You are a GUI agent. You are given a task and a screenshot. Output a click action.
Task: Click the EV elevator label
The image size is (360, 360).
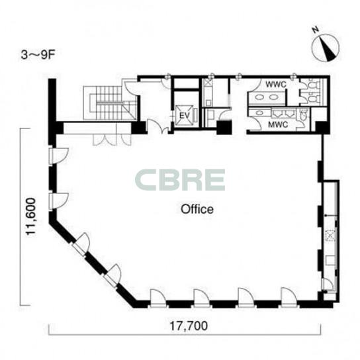click(184, 116)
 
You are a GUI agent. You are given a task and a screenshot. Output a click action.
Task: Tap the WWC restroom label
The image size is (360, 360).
click(276, 85)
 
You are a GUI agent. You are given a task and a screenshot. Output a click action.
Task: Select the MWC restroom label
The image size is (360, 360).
click(278, 125)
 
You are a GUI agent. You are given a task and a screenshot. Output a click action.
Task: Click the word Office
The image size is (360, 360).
click(197, 209)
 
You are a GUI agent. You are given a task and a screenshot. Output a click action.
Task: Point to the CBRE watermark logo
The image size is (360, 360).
click(180, 180)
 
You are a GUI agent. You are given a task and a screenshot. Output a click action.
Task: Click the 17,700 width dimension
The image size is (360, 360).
click(189, 326)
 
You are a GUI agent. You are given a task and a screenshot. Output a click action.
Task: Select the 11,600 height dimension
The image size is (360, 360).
click(31, 216)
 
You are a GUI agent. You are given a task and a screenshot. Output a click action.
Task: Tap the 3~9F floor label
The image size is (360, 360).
click(38, 55)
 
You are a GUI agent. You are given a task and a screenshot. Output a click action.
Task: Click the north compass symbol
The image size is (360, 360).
click(326, 48)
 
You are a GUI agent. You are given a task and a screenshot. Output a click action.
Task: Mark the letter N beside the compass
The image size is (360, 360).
click(316, 29)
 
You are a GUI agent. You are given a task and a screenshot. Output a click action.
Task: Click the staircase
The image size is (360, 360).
click(110, 103)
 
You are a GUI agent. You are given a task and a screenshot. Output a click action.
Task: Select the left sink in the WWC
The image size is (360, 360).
click(260, 97)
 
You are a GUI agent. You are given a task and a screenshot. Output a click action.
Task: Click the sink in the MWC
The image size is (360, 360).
click(259, 112)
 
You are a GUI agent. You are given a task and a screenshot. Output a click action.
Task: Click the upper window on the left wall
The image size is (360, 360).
click(59, 156)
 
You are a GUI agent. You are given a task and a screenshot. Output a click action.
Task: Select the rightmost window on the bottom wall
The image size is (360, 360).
click(289, 297)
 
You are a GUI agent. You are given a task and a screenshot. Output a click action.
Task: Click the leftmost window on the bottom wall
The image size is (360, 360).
click(157, 298)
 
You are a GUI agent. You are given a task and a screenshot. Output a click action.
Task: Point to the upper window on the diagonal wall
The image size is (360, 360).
click(81, 244)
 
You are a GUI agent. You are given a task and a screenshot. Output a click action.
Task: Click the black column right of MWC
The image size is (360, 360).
click(322, 127)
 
